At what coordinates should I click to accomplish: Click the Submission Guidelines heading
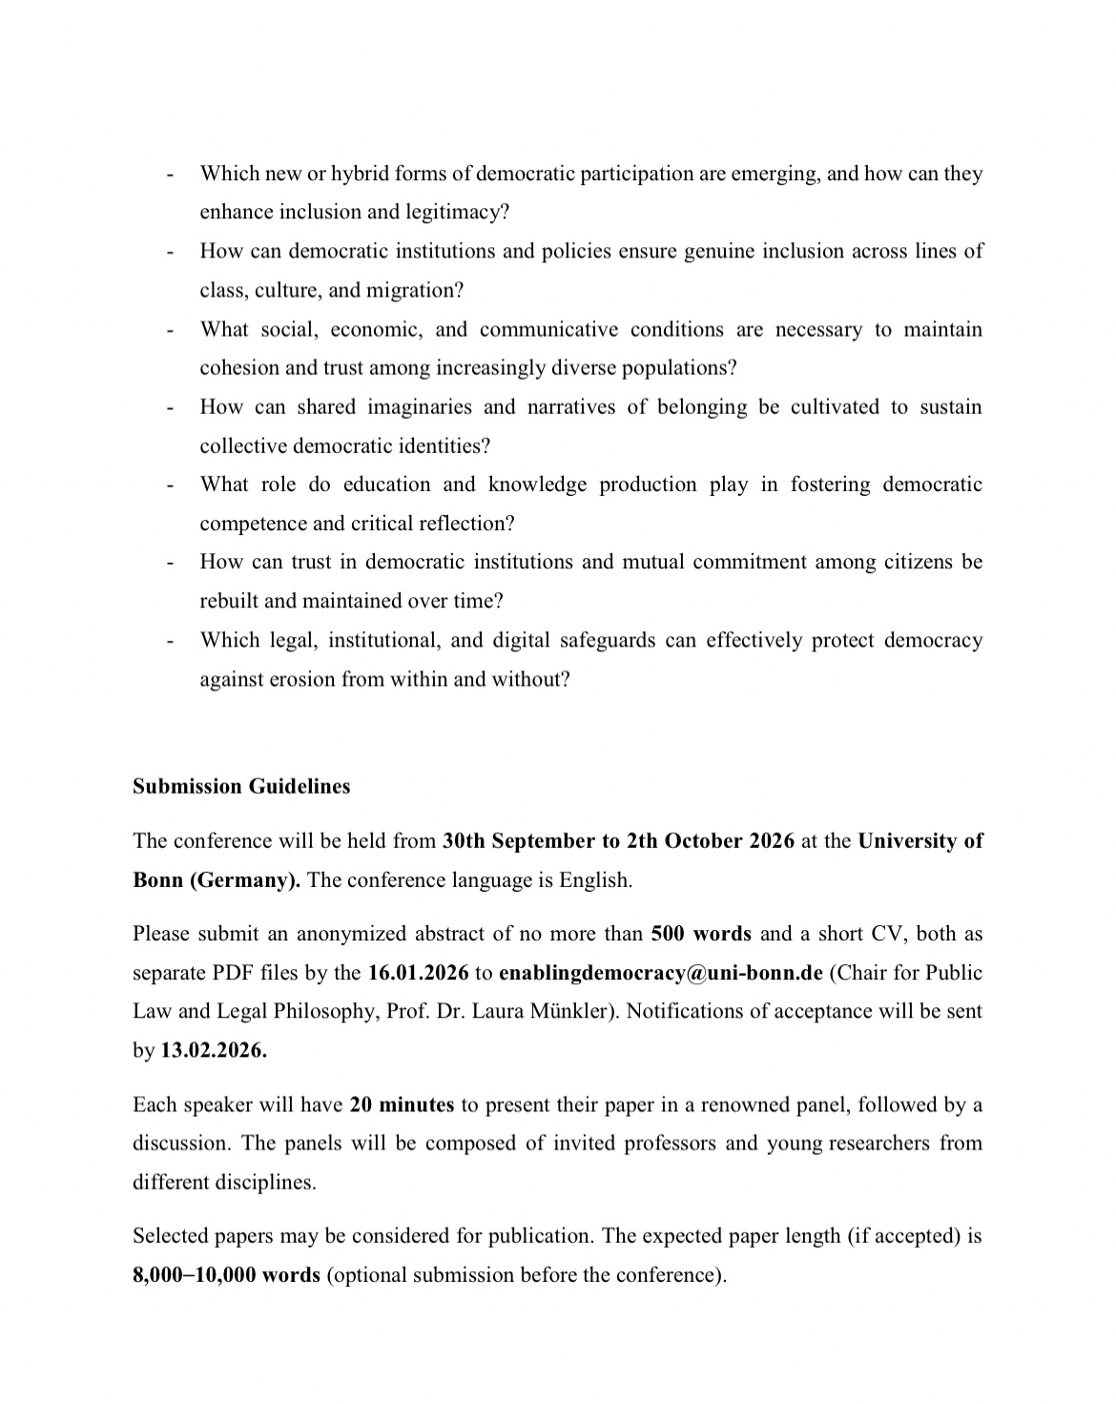241,787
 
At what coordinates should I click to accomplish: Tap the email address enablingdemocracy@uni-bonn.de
660,973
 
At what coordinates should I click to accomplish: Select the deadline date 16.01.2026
418,973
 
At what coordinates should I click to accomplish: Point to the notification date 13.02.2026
214,1051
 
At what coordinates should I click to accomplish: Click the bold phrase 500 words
701,934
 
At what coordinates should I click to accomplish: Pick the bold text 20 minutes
402,1105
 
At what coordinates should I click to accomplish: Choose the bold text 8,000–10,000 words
226,1275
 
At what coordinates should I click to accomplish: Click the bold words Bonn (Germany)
217,880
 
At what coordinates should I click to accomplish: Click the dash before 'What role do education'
170,485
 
